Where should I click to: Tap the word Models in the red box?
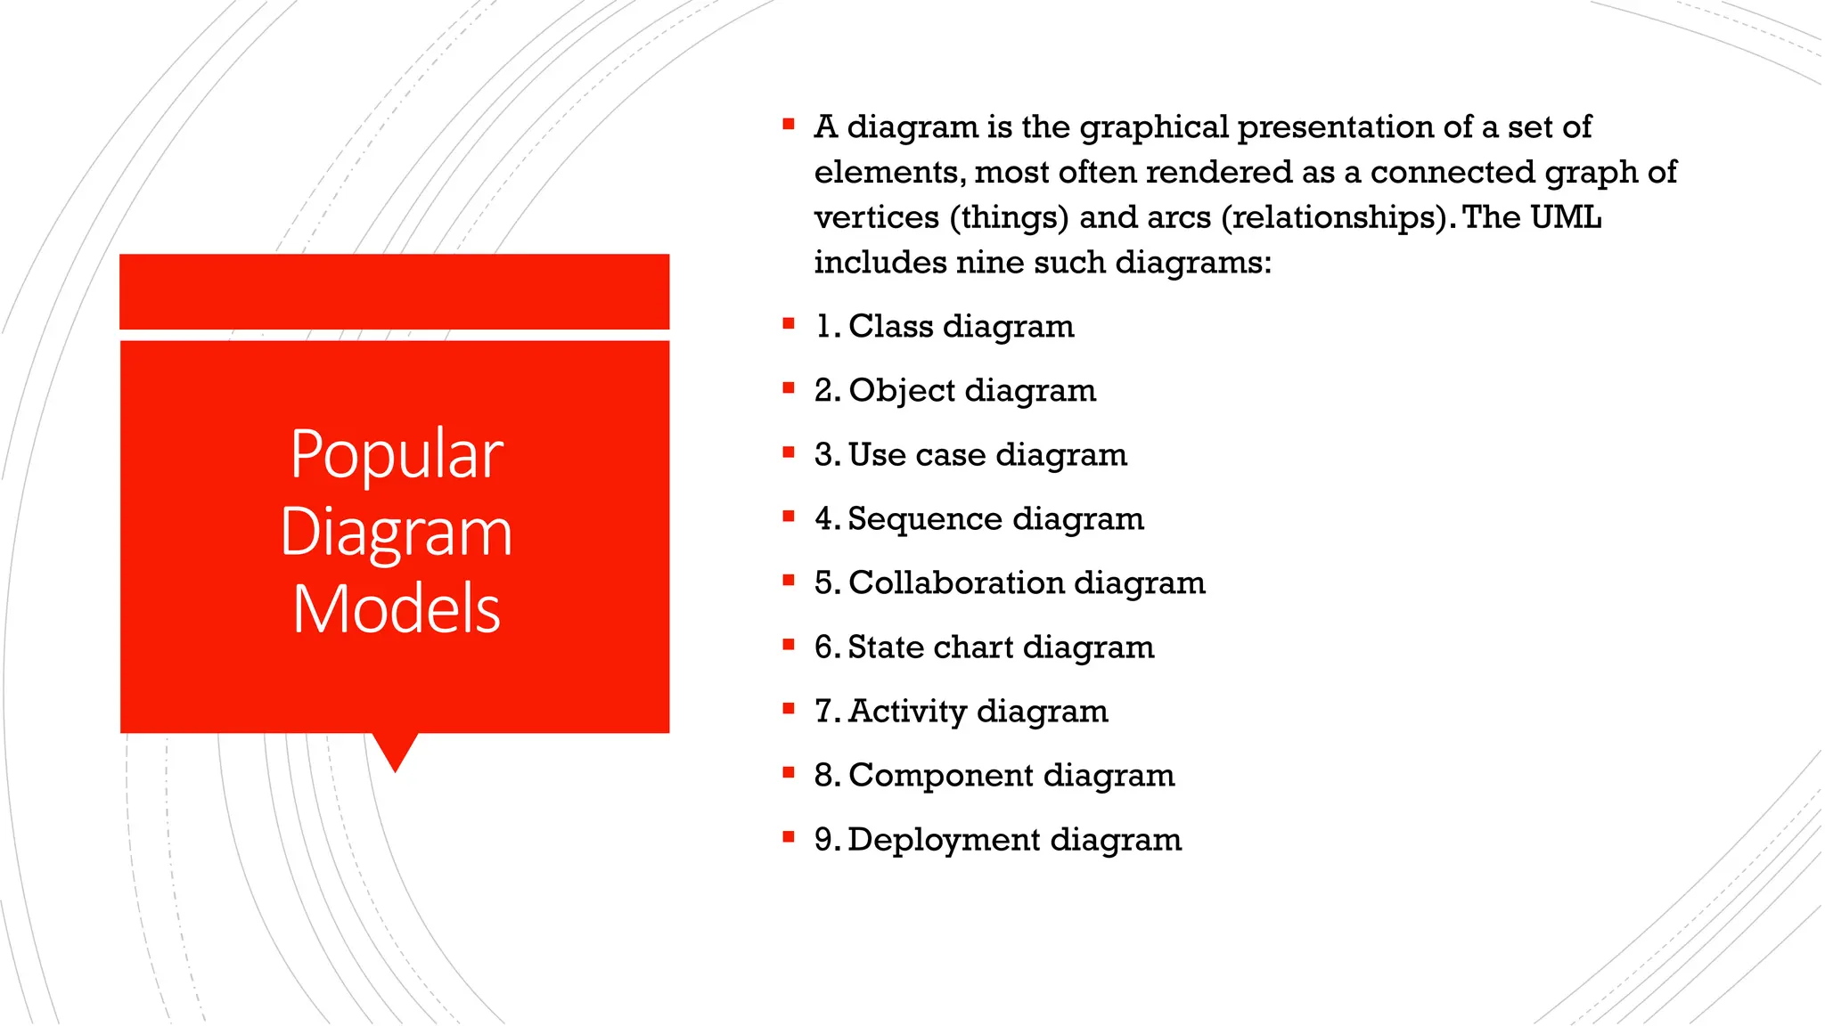(397, 610)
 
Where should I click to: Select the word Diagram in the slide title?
(397, 533)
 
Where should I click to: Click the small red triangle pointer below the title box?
(395, 750)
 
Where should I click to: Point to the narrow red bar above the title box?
(394, 291)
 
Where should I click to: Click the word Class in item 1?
(890, 326)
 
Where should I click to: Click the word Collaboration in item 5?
(956, 582)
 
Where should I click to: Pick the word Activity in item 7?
(907, 711)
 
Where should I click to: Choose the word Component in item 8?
(940, 775)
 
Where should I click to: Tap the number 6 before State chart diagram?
(824, 647)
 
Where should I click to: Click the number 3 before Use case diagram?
(824, 454)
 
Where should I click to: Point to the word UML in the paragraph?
(1565, 216)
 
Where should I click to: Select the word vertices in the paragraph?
(876, 216)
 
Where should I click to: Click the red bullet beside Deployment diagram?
(788, 836)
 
